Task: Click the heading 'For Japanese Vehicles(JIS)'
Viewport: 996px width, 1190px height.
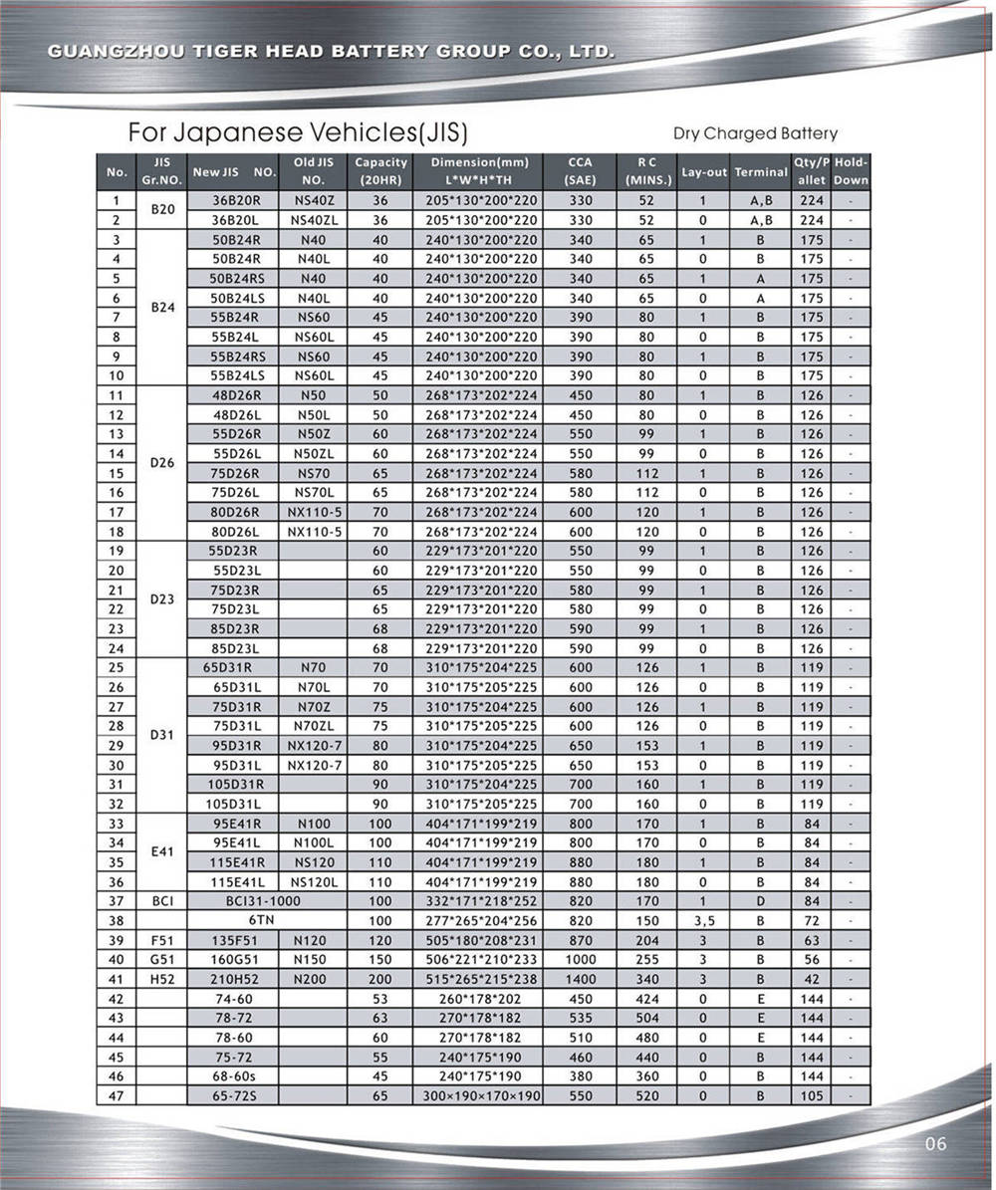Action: (297, 132)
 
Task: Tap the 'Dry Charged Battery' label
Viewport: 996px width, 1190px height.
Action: (755, 133)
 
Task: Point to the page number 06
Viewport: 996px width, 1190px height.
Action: (935, 1144)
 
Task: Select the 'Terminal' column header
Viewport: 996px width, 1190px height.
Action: (761, 172)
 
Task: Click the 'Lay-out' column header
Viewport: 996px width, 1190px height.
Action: (704, 172)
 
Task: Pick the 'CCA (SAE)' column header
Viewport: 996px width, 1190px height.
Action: (580, 171)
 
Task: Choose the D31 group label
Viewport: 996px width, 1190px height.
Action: (161, 735)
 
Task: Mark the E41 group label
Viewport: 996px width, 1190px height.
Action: (161, 852)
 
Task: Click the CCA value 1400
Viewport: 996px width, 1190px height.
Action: (580, 979)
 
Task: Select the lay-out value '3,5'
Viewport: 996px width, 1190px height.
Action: (703, 921)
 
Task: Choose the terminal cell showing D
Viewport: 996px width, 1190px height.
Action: (760, 901)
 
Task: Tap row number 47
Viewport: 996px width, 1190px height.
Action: (116, 1096)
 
